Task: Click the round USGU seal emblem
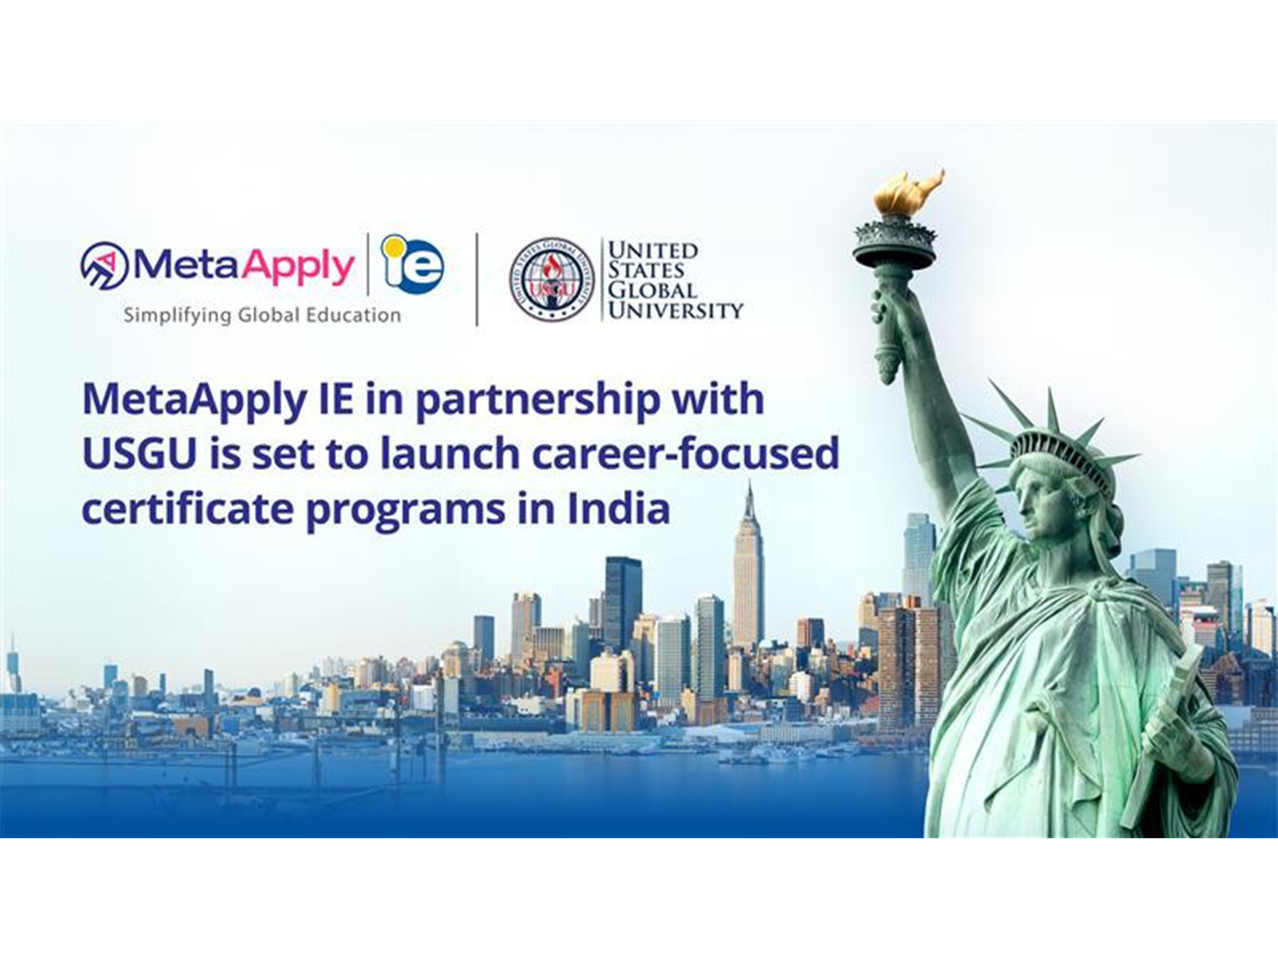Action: (552, 279)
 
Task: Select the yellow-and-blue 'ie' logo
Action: (412, 263)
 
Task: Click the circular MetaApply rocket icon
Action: (104, 267)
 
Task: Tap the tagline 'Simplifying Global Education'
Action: (262, 315)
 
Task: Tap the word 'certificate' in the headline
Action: (188, 509)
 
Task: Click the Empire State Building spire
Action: (748, 503)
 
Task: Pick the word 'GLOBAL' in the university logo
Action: (652, 290)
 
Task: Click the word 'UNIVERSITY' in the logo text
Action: (676, 310)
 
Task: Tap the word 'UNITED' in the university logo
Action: (653, 251)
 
